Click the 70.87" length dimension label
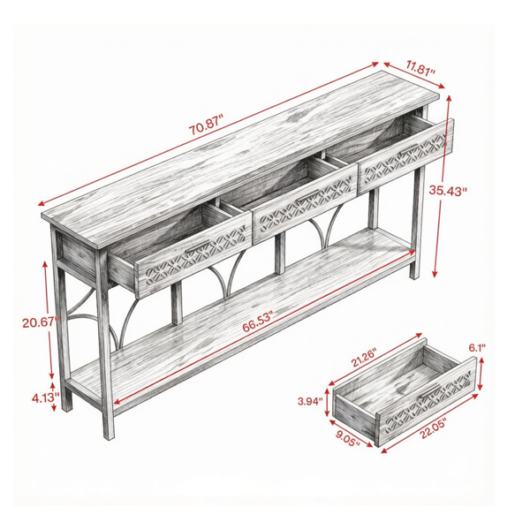[x=206, y=125]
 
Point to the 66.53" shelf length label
[x=257, y=322]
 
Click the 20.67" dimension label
[x=42, y=322]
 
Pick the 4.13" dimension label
[x=46, y=397]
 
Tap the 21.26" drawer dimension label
[x=363, y=359]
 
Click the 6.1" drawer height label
[x=477, y=348]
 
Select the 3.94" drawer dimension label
[x=310, y=402]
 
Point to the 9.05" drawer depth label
[x=347, y=438]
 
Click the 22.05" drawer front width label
[x=434, y=428]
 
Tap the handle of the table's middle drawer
[x=307, y=195]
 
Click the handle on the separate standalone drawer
[x=431, y=390]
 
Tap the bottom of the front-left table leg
[x=109, y=436]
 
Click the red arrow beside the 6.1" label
[x=481, y=374]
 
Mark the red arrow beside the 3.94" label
[x=327, y=403]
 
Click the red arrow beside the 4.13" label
[x=53, y=397]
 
